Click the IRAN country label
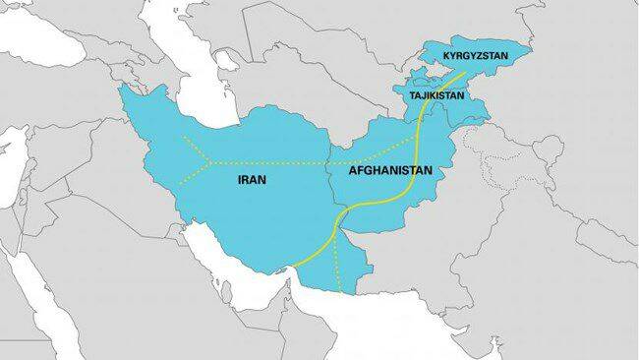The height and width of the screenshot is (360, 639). pos(253,181)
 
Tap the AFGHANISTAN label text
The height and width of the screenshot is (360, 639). pos(390,171)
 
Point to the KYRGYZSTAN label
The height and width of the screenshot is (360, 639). pos(475,56)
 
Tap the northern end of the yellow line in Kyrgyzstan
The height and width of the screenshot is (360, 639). pos(465,72)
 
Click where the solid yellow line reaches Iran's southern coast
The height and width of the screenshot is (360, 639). pos(292,267)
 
